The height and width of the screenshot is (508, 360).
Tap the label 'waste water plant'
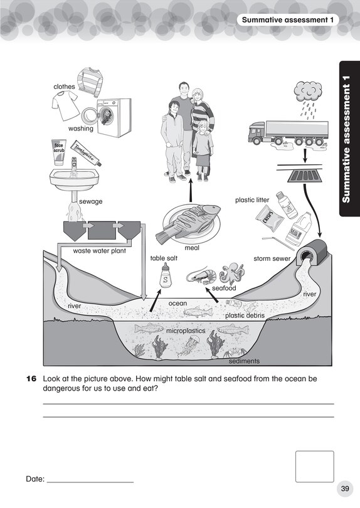tap(99, 251)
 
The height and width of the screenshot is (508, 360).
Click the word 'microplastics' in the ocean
tap(186, 330)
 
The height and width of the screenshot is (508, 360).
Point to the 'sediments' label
tap(244, 361)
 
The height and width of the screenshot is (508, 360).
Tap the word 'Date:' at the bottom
tap(35, 479)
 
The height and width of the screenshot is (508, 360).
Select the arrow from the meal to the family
tap(189, 188)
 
